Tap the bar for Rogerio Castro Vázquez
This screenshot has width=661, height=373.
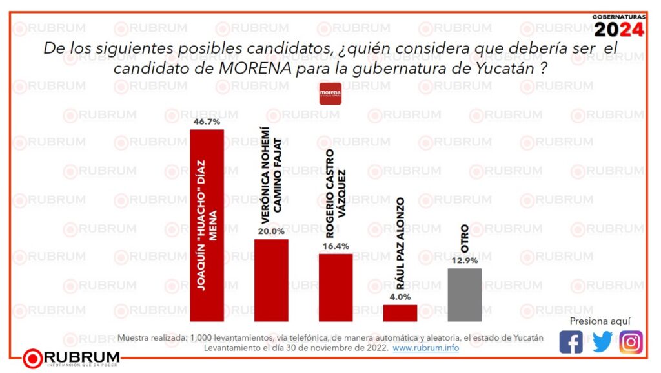[x=336, y=287]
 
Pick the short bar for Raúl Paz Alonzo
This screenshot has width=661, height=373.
[x=400, y=313]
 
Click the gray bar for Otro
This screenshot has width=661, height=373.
[x=465, y=294]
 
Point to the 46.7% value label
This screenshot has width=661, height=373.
[x=207, y=121]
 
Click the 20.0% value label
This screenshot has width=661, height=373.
[x=271, y=231]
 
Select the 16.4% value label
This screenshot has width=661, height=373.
[x=336, y=246]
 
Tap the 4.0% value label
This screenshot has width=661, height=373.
[x=400, y=297]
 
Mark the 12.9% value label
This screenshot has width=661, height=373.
[x=465, y=260]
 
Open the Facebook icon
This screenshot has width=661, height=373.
[x=571, y=341]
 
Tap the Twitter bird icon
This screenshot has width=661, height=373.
[x=602, y=341]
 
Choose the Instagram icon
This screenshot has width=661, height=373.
[x=631, y=341]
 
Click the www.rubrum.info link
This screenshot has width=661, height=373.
[x=426, y=348]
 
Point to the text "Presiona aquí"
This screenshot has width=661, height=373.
[x=600, y=321]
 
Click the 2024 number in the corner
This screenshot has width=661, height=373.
[x=618, y=30]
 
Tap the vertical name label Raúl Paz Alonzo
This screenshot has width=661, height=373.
[x=400, y=246]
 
